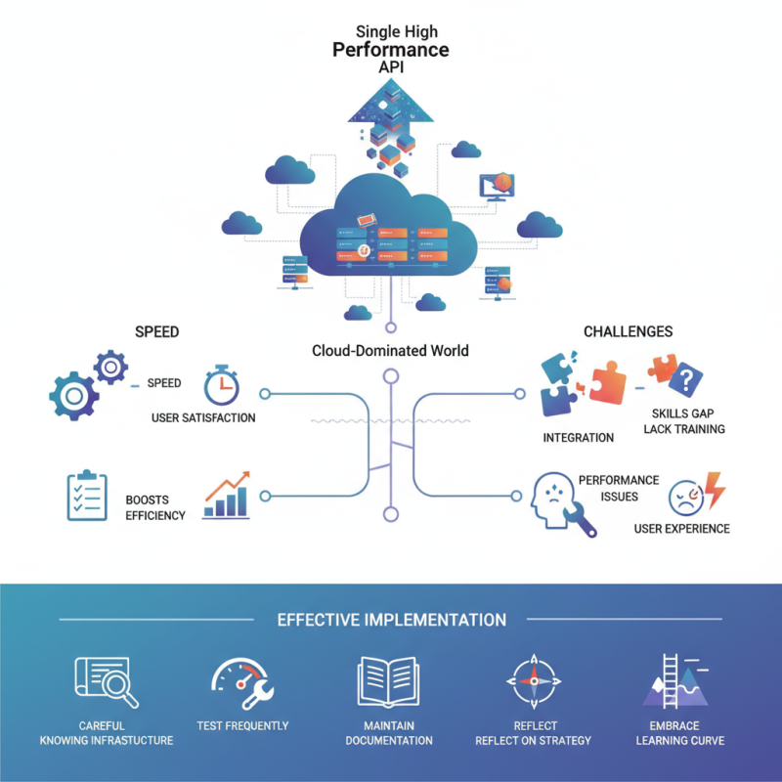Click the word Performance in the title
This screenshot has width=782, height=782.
[390, 49]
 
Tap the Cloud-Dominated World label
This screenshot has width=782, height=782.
[390, 351]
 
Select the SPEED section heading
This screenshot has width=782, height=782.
[156, 331]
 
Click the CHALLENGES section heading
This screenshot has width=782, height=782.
[628, 331]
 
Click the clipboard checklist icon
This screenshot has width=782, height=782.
[85, 496]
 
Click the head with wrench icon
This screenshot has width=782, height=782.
[558, 504]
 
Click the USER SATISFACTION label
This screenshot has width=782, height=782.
[203, 418]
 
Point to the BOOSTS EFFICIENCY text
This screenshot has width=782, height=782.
[154, 508]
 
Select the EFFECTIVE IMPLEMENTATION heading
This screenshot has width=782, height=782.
[391, 620]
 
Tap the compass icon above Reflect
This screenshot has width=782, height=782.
[533, 682]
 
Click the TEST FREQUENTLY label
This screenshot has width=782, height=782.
[242, 726]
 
